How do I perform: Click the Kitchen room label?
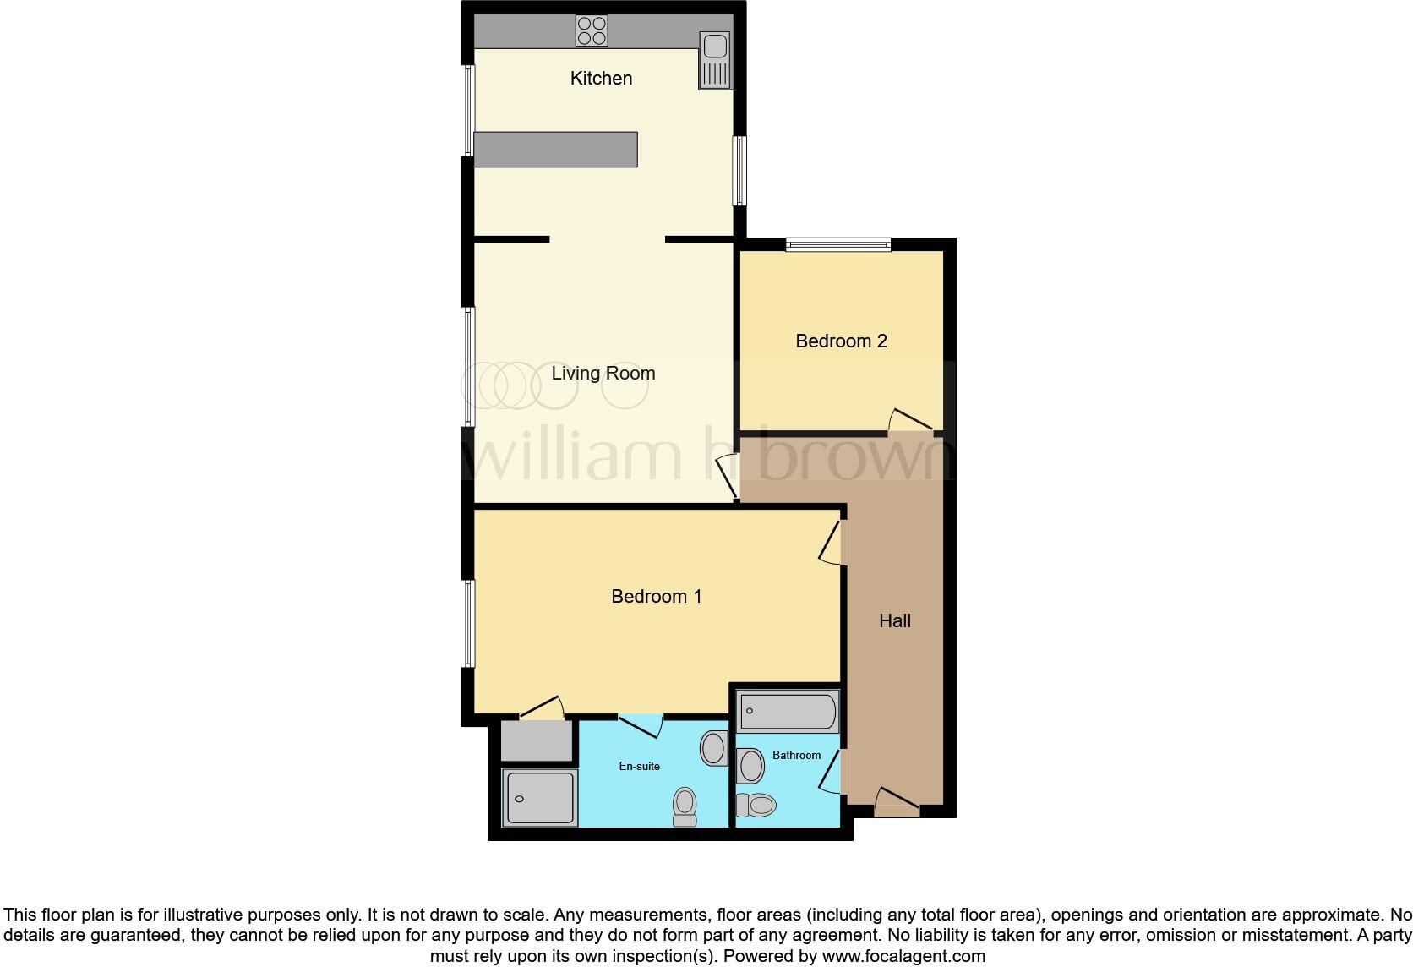601,79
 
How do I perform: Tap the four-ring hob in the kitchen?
592,31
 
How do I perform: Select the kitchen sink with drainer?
714,60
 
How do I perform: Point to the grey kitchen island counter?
555,149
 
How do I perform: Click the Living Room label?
603,374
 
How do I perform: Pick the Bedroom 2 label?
841,341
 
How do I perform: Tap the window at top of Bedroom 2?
838,245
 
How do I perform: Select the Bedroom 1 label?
656,597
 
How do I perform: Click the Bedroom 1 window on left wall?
467,623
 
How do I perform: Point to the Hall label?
894,621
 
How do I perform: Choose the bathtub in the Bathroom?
788,711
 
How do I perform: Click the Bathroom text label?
796,756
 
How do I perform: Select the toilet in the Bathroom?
756,806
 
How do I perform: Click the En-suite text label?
639,767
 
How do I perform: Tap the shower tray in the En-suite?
540,797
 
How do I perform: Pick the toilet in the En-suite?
685,806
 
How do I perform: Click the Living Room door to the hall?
728,478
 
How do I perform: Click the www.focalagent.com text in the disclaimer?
903,957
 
